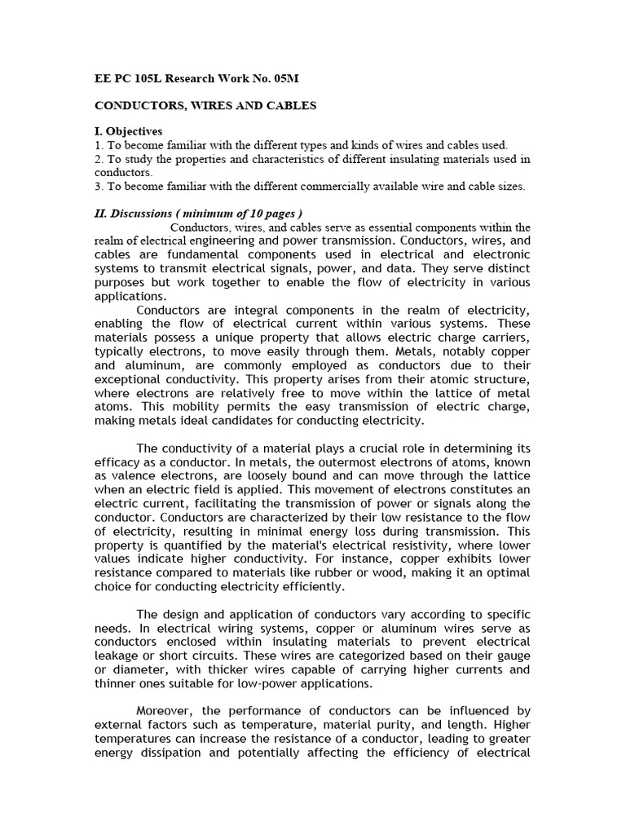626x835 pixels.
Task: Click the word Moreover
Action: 166,711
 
